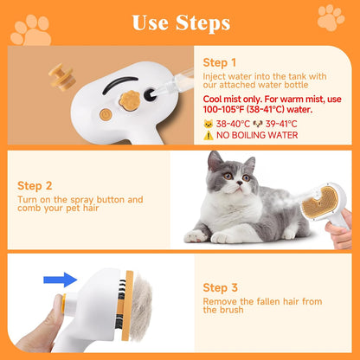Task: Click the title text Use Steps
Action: [180, 21]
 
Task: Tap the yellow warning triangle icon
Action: [208, 135]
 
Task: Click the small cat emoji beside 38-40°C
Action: [208, 124]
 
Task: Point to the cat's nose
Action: [228, 184]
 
